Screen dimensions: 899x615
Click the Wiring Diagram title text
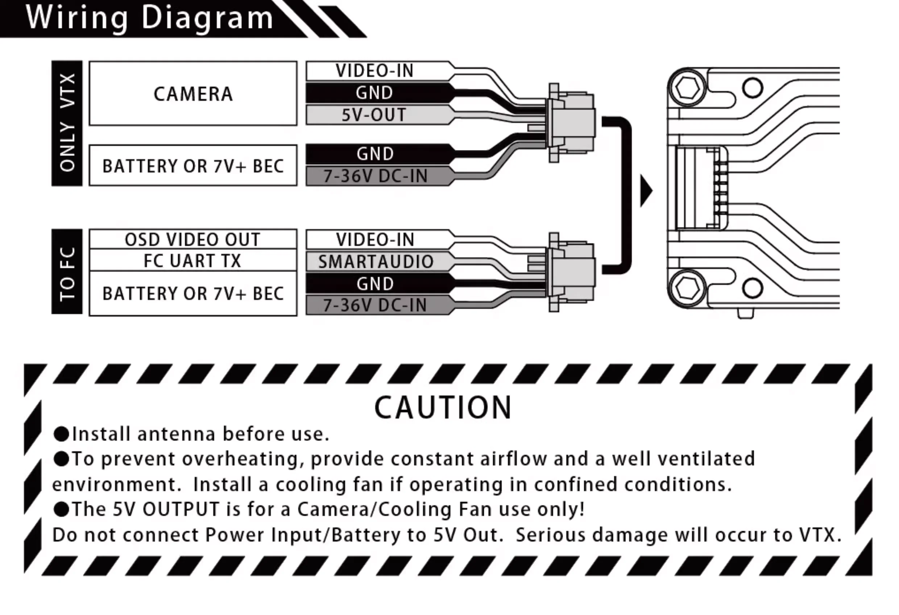click(149, 18)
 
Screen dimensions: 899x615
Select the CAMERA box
click(193, 94)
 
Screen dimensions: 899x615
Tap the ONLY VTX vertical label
click(67, 123)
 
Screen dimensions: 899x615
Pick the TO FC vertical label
click(67, 272)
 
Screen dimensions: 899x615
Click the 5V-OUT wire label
click(374, 115)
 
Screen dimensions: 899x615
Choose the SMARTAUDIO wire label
click(375, 262)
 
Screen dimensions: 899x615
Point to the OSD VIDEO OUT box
click(192, 240)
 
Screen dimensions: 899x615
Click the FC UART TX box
click(192, 260)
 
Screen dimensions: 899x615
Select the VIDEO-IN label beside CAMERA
click(374, 70)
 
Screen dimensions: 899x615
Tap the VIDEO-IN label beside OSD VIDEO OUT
click(375, 240)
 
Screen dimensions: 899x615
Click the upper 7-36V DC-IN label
click(375, 176)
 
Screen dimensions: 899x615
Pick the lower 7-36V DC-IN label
click(375, 305)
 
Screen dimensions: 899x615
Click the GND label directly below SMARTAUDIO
click(375, 284)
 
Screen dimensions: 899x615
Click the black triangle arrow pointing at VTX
click(646, 191)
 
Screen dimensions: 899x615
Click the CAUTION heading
click(443, 408)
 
